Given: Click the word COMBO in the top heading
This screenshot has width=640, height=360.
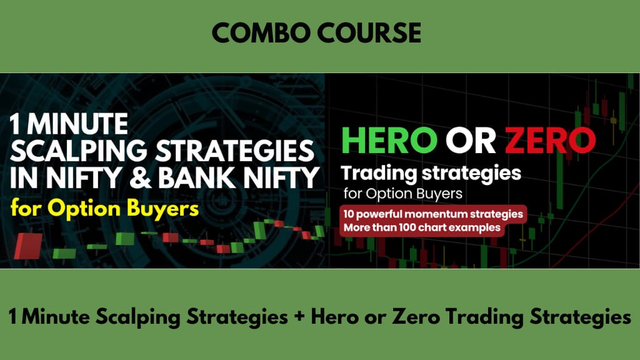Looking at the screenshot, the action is click(x=262, y=33).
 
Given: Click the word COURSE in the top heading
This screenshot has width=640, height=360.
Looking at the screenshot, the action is click(x=369, y=33).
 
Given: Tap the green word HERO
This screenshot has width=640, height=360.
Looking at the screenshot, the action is click(x=389, y=141).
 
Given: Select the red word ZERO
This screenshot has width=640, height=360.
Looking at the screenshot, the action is click(x=550, y=141).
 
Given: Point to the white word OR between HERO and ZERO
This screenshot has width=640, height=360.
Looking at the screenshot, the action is click(x=471, y=141).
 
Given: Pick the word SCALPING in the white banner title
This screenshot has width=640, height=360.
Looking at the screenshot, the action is click(x=78, y=151).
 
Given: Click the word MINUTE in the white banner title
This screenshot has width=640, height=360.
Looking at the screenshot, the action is click(x=77, y=124).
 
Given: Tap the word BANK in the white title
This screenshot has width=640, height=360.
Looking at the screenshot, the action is click(x=197, y=177).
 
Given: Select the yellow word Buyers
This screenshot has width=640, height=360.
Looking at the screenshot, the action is click(x=162, y=209).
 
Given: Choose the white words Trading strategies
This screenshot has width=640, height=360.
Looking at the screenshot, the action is click(x=431, y=173).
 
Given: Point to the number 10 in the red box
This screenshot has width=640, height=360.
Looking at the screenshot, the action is click(x=348, y=214).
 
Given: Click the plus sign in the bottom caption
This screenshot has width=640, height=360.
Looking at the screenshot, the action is click(x=299, y=316).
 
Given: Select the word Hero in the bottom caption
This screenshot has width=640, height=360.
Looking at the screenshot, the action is click(x=335, y=316).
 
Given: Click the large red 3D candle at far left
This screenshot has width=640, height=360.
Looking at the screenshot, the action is click(x=28, y=246).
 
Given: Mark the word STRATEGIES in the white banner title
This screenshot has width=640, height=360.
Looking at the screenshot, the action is click(x=235, y=151).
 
